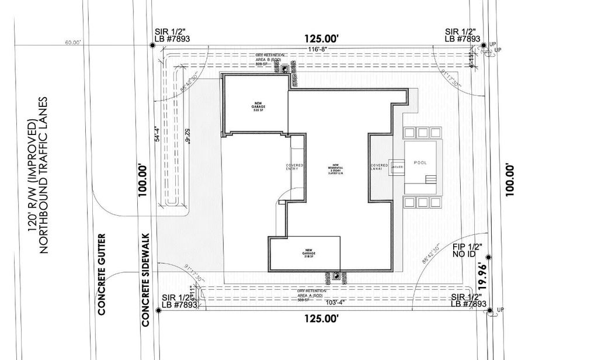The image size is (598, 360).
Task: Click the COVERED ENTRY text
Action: [x=294, y=167]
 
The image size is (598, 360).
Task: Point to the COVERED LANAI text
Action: [x=379, y=167]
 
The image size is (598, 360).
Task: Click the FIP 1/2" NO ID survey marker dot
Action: [x=488, y=257]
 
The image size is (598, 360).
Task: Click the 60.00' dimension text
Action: [x=73, y=43]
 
